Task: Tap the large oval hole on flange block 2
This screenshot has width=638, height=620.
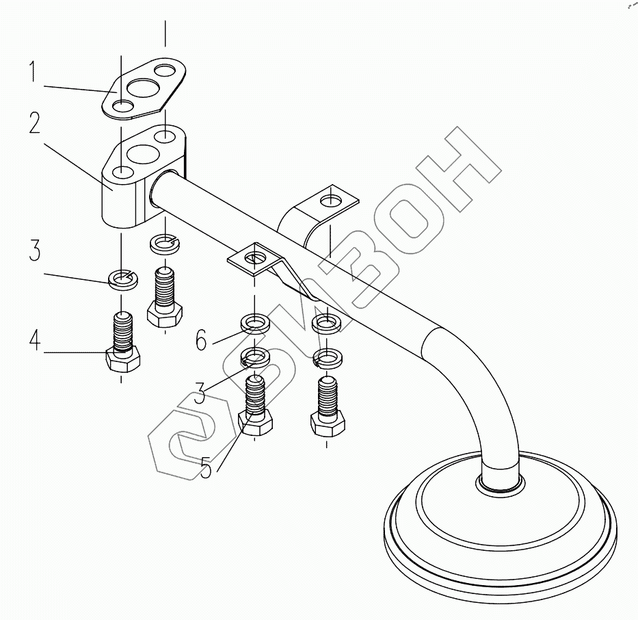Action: [x=142, y=155]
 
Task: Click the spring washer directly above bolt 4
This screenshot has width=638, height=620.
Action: [x=121, y=279]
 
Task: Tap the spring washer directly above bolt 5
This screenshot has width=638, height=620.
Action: [x=254, y=357]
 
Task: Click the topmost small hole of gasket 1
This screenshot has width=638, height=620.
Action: [x=165, y=70]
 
